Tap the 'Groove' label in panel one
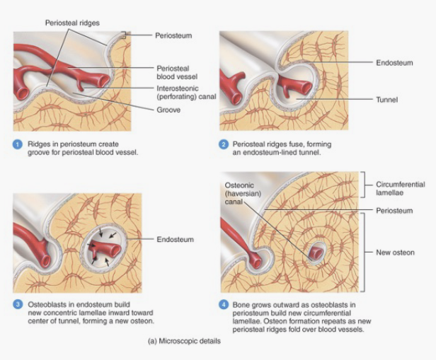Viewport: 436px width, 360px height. tap(168, 110)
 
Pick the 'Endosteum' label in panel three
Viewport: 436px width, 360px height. tap(175, 239)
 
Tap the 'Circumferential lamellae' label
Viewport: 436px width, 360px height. tap(396, 187)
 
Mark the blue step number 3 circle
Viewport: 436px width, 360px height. tap(18, 305)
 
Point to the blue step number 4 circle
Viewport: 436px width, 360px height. tap(225, 305)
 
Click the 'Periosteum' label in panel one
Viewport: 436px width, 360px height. tap(175, 34)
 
